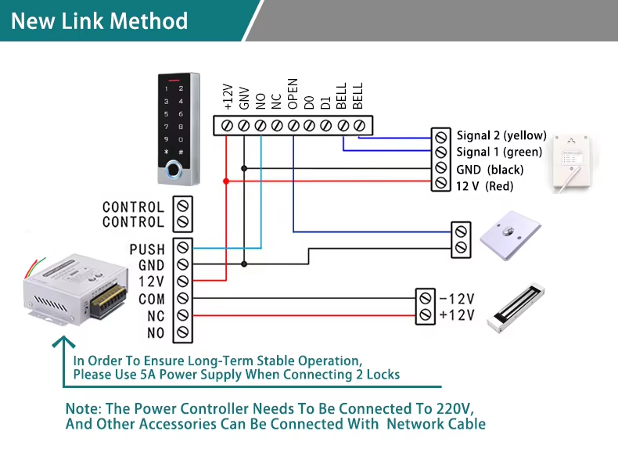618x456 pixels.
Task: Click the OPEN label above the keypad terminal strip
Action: click(293, 94)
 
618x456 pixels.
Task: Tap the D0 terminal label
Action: click(310, 102)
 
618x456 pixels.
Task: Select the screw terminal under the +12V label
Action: click(227, 126)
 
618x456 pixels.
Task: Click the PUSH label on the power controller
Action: click(147, 249)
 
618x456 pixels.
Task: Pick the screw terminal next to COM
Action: click(183, 298)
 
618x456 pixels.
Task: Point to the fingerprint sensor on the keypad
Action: click(174, 170)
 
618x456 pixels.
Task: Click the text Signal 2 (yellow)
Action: click(501, 135)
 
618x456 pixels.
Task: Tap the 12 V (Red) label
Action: click(485, 186)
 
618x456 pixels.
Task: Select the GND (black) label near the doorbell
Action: click(490, 170)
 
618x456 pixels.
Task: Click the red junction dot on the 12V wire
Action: click(226, 181)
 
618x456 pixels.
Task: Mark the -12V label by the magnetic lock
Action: click(457, 299)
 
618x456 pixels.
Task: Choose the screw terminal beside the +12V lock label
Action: click(426, 314)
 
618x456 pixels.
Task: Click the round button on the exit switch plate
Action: click(508, 231)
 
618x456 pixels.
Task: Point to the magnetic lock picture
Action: click(516, 308)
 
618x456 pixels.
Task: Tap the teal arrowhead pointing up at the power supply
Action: click(63, 342)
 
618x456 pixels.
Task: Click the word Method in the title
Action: click(149, 21)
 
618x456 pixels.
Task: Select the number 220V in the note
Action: click(455, 408)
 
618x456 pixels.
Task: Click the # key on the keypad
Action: click(181, 152)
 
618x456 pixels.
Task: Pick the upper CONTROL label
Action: click(133, 207)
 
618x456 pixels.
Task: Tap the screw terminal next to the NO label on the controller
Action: click(183, 332)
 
